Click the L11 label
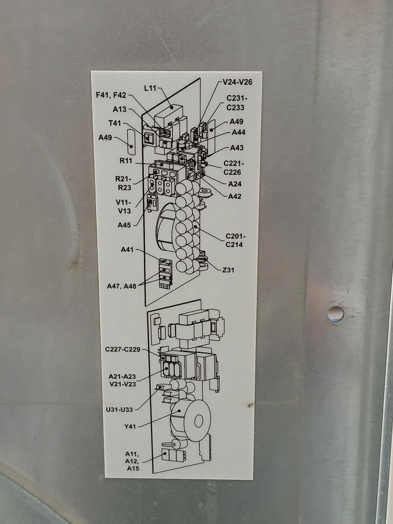(150, 88)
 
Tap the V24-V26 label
(237, 82)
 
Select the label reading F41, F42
(111, 95)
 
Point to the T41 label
(115, 123)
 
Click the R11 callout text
(126, 161)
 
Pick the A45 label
(124, 225)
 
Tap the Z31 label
(228, 270)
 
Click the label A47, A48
(122, 286)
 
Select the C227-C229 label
(123, 349)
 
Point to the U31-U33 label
(119, 410)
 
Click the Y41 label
(130, 426)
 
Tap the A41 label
(127, 250)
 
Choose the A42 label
(235, 196)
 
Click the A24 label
(235, 184)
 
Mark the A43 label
(237, 148)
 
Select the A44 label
(238, 133)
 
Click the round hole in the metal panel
(335, 313)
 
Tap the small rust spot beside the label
(250, 405)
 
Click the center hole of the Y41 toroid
(199, 421)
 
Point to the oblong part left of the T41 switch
(130, 143)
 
